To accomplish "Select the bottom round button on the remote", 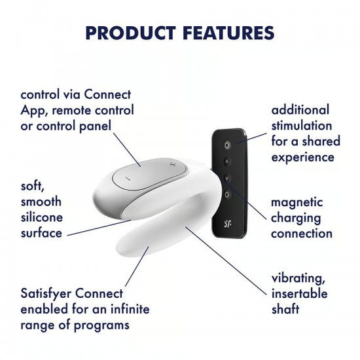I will pos(227,194).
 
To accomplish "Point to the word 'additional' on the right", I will pos(301,109).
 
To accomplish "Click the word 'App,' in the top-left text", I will pos(34,110).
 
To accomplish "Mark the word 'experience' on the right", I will pos(304,156).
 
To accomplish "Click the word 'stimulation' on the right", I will pos(302,125).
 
